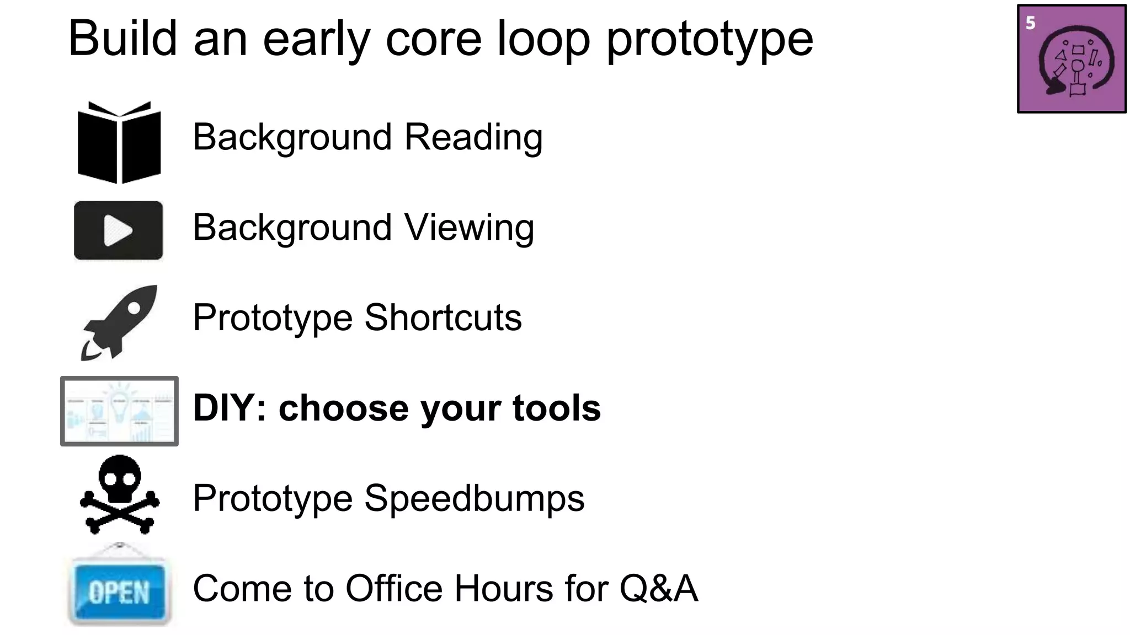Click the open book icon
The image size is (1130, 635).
click(119, 142)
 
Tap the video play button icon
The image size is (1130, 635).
click(118, 230)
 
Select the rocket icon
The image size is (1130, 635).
click(119, 322)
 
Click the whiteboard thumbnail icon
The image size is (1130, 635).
click(119, 411)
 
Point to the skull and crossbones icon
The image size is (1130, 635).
click(120, 494)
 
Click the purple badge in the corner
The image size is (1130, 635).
click(1071, 59)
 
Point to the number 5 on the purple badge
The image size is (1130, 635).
click(1030, 23)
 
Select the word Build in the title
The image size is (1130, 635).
click(122, 38)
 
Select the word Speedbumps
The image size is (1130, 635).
click(474, 499)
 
